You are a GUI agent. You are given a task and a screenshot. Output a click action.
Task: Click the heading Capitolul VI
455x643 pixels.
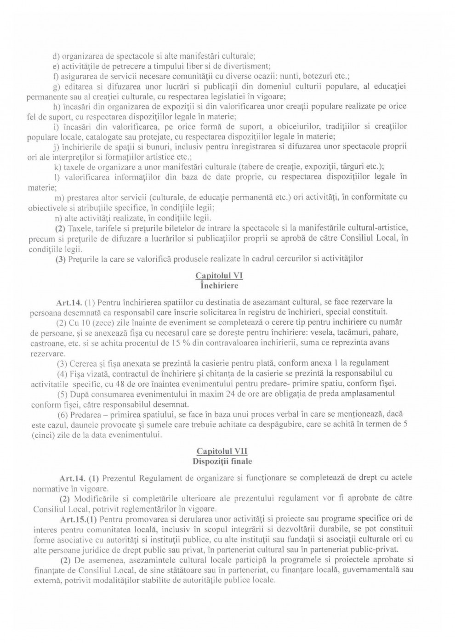coord(219,276)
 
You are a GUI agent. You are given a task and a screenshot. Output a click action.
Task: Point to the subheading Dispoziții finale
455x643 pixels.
coord(222,461)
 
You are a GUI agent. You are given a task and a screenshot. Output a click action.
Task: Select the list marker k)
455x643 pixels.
coord(58,166)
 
